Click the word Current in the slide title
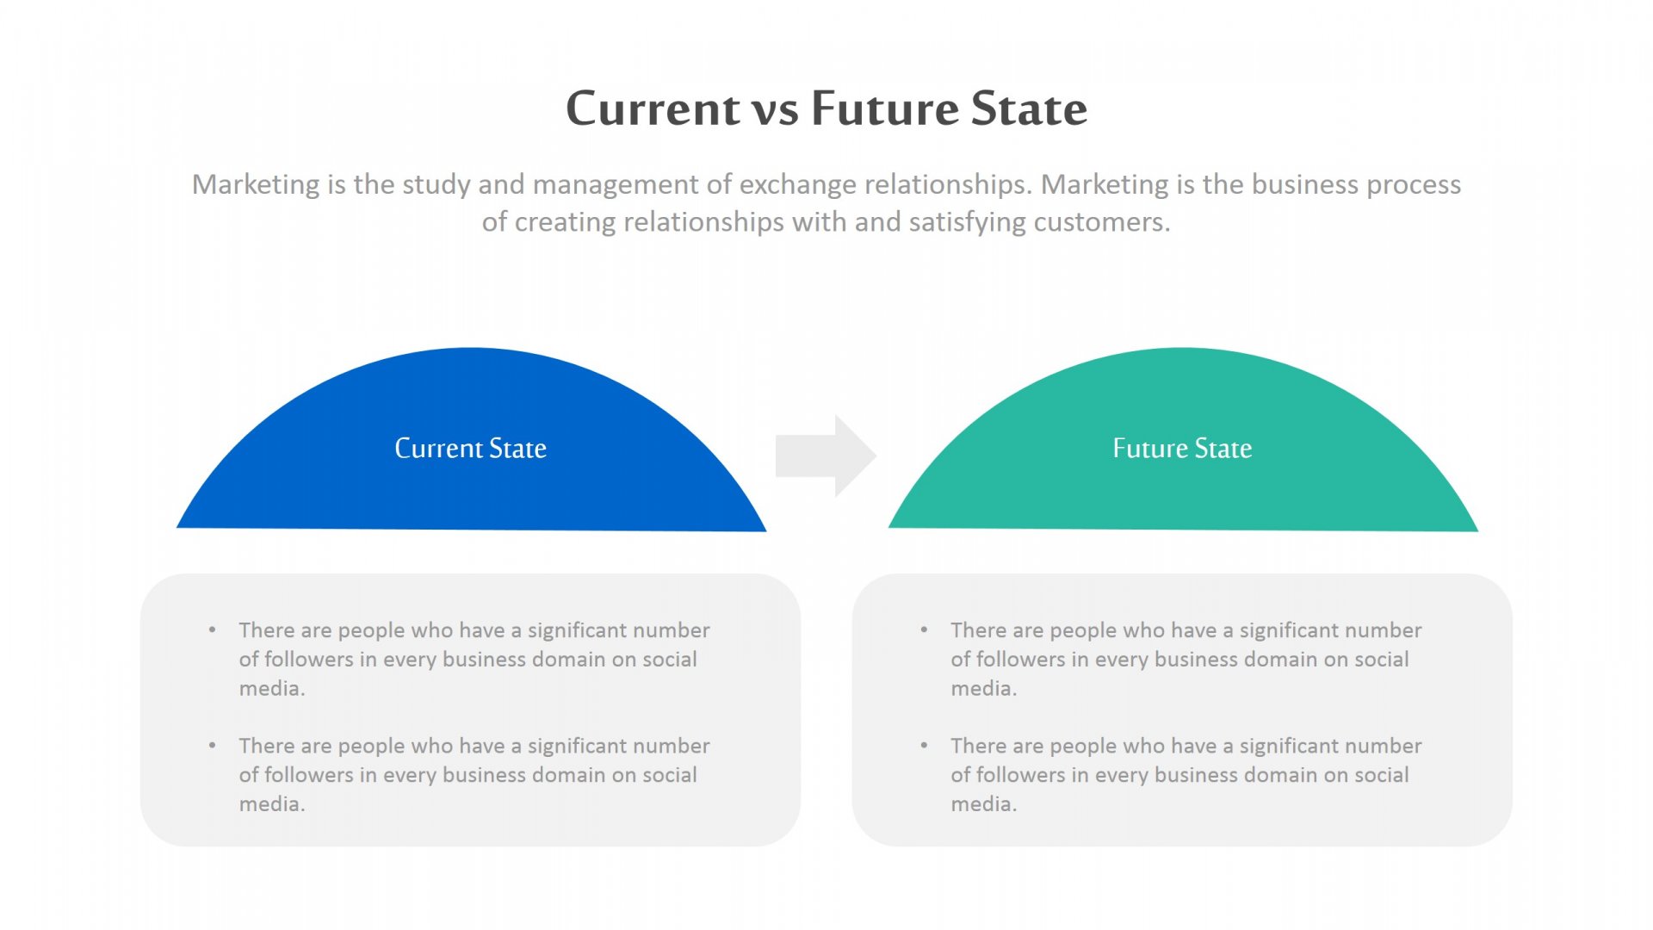tap(653, 109)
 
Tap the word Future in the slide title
tap(885, 109)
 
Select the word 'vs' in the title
tap(776, 112)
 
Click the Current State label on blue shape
tap(470, 449)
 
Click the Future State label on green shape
tap(1182, 449)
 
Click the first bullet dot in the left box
tap(213, 629)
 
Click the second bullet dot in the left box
tap(213, 745)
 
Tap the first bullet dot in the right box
tap(924, 629)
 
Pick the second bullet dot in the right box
tap(924, 745)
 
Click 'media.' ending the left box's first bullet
tap(272, 689)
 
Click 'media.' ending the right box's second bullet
tap(983, 804)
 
